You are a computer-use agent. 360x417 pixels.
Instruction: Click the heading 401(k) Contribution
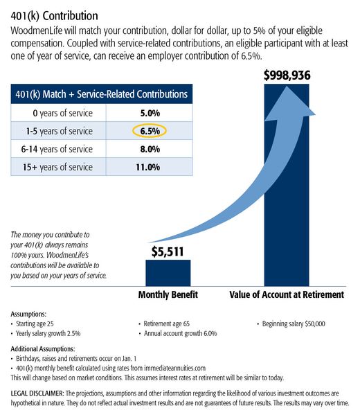54,15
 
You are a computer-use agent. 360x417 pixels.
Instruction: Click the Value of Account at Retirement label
286,294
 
